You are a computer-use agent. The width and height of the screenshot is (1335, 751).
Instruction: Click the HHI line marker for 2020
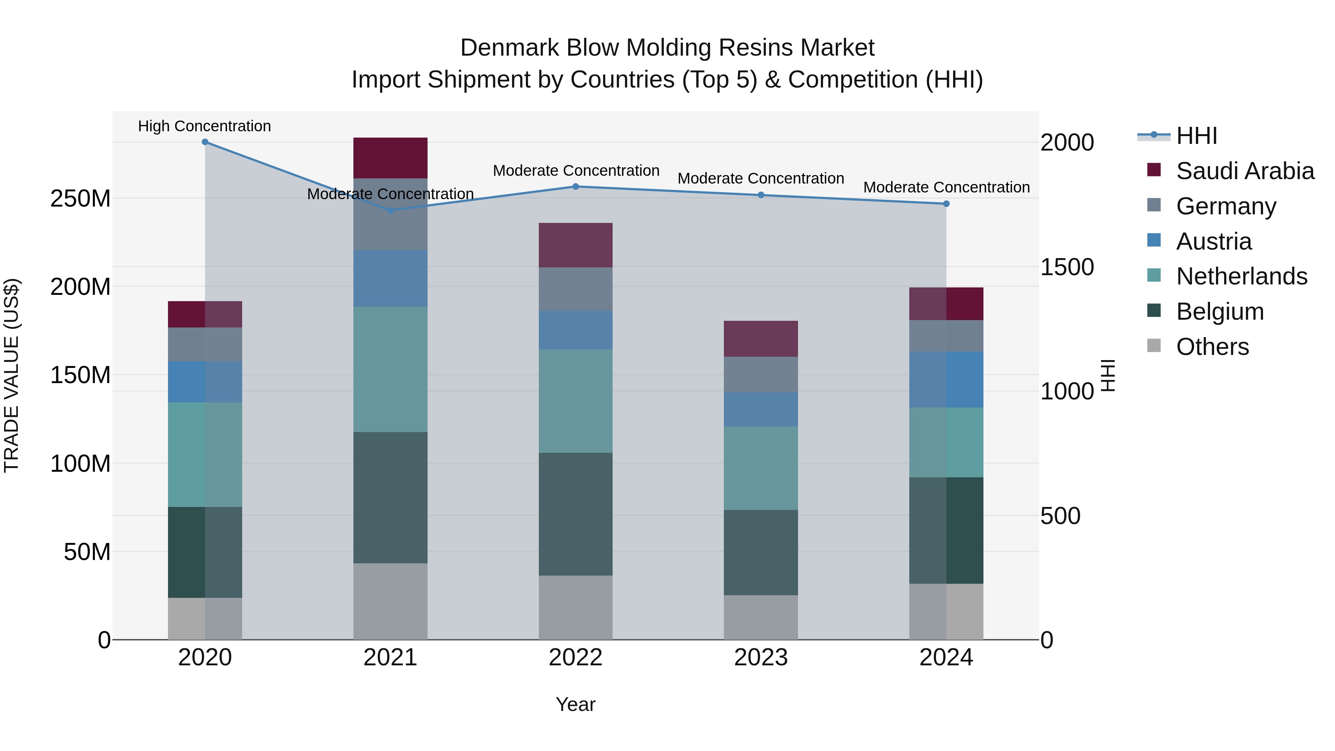coord(205,142)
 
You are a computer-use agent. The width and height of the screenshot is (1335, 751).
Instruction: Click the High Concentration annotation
coord(204,126)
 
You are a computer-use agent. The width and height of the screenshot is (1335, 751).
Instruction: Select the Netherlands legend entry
coord(1241,276)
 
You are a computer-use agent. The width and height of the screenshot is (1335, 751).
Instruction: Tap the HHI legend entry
coord(1196,136)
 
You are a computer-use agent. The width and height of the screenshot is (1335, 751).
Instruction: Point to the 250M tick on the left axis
coord(80,198)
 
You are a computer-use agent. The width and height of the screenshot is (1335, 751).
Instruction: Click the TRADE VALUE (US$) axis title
coord(11,375)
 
